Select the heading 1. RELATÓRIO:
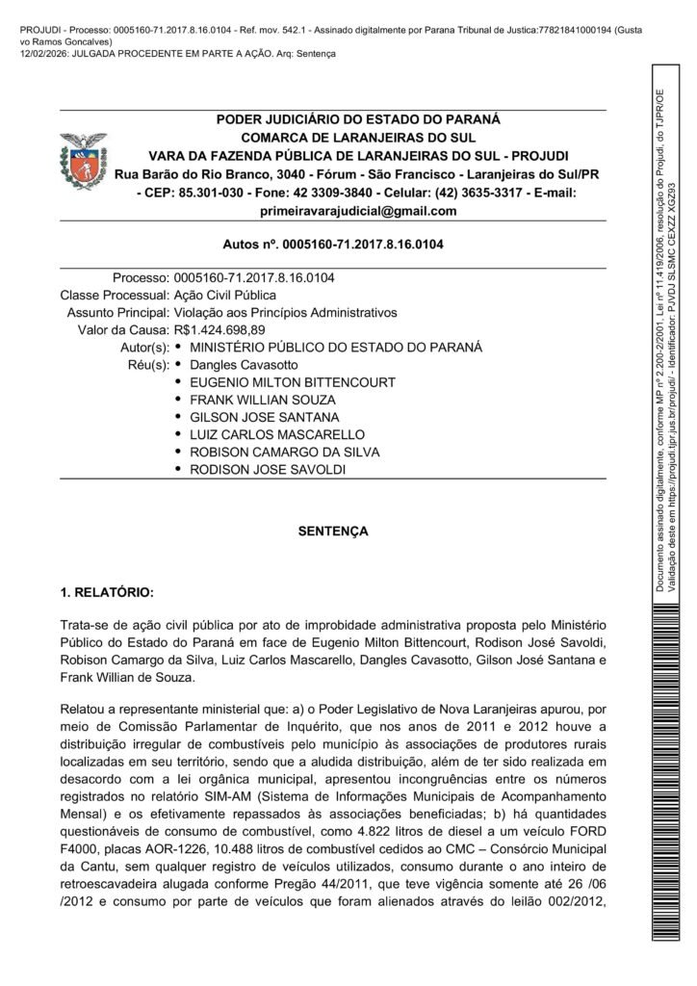point(107,590)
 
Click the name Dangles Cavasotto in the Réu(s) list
point(245,365)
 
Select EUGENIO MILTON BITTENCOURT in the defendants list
point(293,382)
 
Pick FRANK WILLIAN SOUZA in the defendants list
point(263,400)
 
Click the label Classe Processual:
point(115,296)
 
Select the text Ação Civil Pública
point(225,296)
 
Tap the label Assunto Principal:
point(118,313)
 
